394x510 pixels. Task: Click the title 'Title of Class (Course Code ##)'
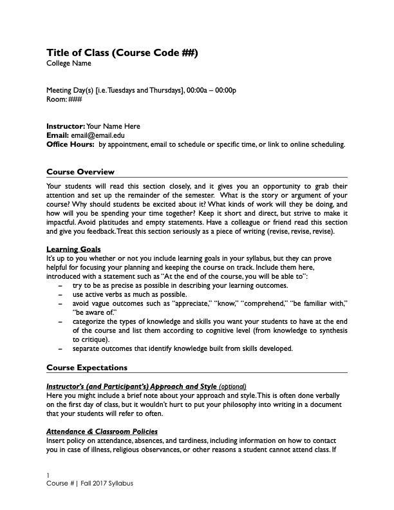click(x=122, y=52)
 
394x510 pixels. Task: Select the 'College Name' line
click(x=69, y=63)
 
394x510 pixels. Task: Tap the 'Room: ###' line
click(x=64, y=99)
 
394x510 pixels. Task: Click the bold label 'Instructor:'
click(x=66, y=126)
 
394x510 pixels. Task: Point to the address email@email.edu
click(x=98, y=135)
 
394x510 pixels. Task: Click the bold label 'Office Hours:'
click(x=70, y=144)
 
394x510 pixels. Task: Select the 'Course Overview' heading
click(x=80, y=172)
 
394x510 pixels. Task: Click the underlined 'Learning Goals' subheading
click(x=73, y=249)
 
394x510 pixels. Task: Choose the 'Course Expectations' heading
click(x=87, y=368)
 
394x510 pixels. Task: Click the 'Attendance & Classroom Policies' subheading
click(x=102, y=431)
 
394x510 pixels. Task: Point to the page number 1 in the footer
click(x=48, y=475)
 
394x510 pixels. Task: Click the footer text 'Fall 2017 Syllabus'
click(x=106, y=484)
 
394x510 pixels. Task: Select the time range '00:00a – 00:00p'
click(x=211, y=90)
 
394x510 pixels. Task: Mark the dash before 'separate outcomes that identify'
click(x=61, y=348)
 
